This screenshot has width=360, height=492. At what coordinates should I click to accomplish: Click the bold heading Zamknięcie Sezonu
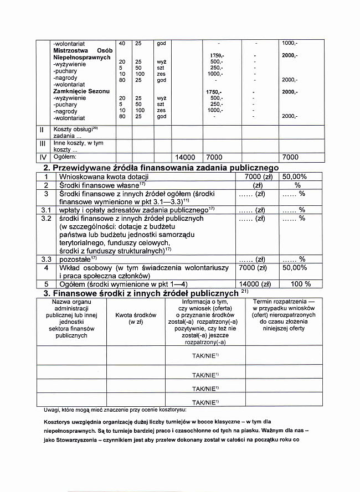tap(81, 91)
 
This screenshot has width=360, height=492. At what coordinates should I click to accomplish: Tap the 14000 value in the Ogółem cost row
tap(186, 157)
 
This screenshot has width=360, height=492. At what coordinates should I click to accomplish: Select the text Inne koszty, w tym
tap(78, 143)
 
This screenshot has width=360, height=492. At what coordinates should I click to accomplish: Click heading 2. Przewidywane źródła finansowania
tap(161, 168)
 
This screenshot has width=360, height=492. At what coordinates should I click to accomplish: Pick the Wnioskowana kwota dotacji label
tap(101, 177)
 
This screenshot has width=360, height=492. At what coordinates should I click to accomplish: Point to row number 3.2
tap(46, 219)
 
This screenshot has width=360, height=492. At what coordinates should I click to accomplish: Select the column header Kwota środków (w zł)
tap(136, 318)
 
